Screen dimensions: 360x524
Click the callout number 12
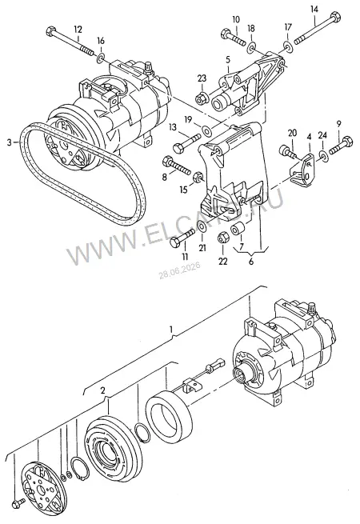point(78,29)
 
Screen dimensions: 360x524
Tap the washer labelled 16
point(101,58)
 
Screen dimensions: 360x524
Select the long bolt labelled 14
point(317,30)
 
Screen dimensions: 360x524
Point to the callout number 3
point(9,142)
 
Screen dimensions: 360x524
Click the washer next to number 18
point(251,48)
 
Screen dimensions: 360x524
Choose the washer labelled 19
point(206,130)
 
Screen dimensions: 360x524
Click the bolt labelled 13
point(186,142)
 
